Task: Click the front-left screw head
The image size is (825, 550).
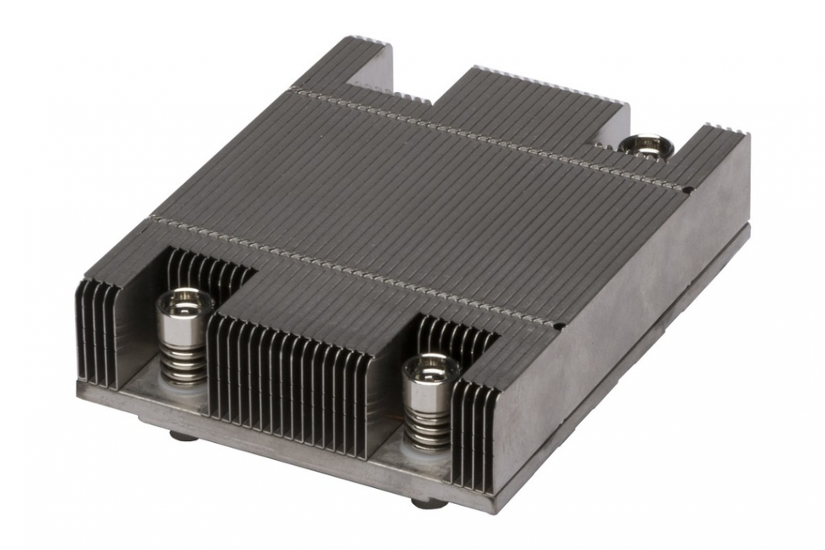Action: click(184, 302)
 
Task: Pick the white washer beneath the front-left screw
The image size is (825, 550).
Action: click(186, 387)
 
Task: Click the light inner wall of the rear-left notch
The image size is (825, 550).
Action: click(374, 72)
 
